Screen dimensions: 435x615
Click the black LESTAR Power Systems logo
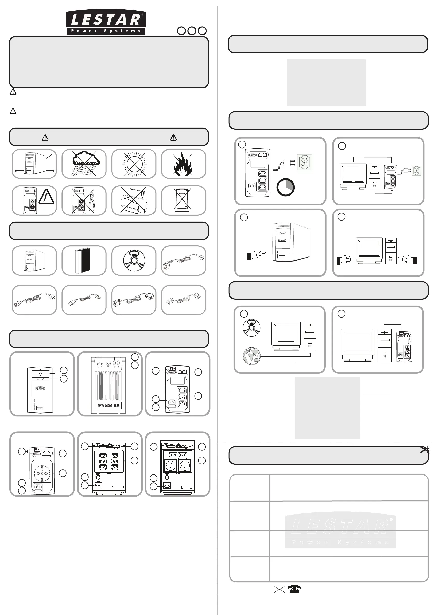pyautogui.click(x=106, y=22)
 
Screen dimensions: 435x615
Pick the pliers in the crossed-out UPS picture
pyautogui.click(x=92, y=201)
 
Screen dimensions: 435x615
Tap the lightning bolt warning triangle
pyautogui.click(x=46, y=197)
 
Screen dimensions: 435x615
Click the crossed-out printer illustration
pyautogui.click(x=134, y=200)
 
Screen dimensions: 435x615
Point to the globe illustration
pyautogui.click(x=252, y=356)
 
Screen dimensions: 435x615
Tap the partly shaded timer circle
pyautogui.click(x=285, y=187)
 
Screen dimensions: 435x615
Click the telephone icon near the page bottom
pyautogui.click(x=294, y=589)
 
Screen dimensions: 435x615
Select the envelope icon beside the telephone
pyautogui.click(x=279, y=589)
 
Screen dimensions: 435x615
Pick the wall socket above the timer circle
pyautogui.click(x=305, y=162)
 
